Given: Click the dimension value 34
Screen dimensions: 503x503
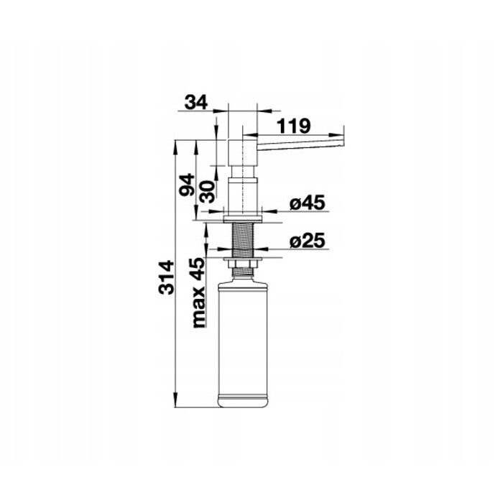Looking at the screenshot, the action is (196, 103).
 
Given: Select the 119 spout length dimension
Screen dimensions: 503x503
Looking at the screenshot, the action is (293, 126).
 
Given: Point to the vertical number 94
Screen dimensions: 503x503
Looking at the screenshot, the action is (187, 185).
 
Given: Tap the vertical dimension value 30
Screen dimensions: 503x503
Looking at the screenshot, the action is (207, 192).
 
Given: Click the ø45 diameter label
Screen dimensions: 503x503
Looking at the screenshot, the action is (308, 203).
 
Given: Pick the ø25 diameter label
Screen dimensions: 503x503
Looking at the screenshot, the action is (308, 241).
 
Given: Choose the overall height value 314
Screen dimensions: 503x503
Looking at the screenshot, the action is (167, 278).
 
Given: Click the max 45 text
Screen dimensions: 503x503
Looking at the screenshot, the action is (198, 292).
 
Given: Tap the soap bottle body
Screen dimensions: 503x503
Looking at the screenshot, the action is (243, 343).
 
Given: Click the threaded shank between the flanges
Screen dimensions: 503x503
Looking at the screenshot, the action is (243, 240).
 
